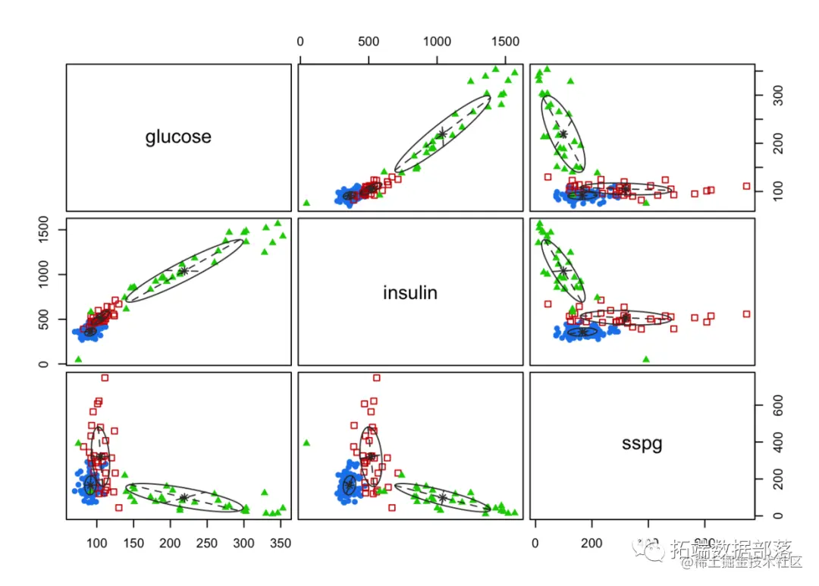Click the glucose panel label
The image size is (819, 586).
tap(178, 137)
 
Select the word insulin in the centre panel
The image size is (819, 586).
tap(410, 292)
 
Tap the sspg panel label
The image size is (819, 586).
tap(642, 444)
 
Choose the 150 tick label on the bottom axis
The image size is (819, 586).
tap(133, 543)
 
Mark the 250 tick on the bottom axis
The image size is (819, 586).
tap(206, 543)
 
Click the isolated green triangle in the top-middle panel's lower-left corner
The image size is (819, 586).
tap(306, 203)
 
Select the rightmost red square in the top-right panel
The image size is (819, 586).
tap(746, 186)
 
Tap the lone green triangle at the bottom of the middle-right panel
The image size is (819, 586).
tap(646, 359)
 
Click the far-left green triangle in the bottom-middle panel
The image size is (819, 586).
tap(306, 443)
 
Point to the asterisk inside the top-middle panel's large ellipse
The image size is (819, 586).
tap(443, 134)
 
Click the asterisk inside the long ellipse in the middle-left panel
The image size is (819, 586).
tap(183, 271)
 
